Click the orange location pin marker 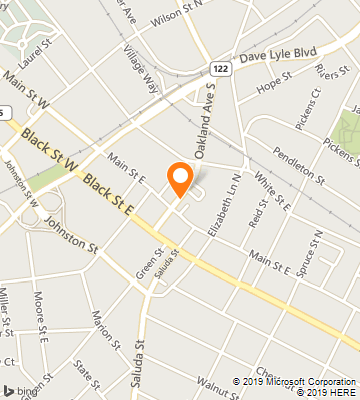tap(180, 178)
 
